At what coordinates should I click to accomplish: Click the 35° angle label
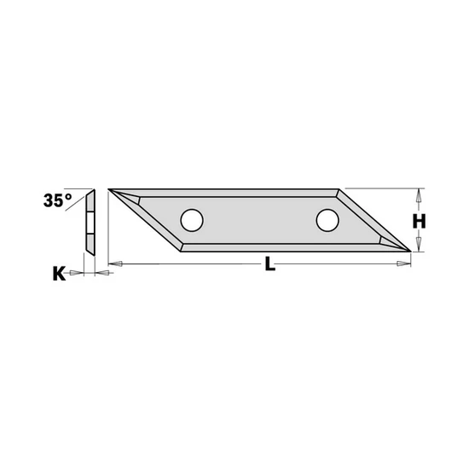pos(58,202)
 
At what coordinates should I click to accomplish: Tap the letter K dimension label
pos(59,274)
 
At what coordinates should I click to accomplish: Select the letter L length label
pos(270,265)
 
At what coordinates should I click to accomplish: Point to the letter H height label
pos(420,221)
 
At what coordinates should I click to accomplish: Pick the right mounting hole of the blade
pos(326,220)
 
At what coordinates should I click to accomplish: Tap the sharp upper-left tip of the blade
pos(111,190)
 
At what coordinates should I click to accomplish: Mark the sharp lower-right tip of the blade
pos(411,251)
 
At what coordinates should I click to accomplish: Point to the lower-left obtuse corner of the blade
pos(181,251)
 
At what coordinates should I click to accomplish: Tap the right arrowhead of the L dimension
pos(402,266)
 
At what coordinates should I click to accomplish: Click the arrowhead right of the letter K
pos(78,273)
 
